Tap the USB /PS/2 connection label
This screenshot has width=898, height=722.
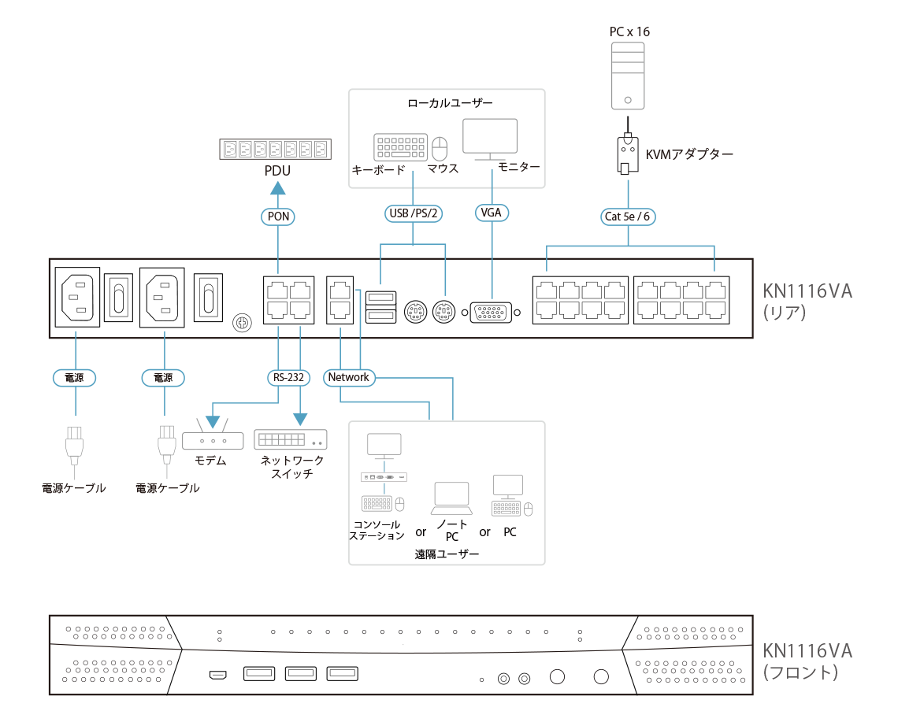[x=413, y=213]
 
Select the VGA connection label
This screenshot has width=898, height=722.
[x=492, y=213]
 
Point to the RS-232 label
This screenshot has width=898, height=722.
[x=288, y=378]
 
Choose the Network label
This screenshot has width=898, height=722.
[x=349, y=378]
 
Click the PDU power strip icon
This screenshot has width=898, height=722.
[x=276, y=149]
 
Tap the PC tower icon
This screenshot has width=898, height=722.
[x=628, y=76]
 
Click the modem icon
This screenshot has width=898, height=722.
[x=213, y=439]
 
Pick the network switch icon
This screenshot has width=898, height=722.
[x=291, y=439]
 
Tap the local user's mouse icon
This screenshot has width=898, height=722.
[x=440, y=147]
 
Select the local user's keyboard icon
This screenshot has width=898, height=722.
[x=399, y=147]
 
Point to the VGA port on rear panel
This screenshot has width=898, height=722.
[x=492, y=313]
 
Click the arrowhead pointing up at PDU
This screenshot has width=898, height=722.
[x=276, y=187]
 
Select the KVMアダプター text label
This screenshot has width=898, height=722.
[x=689, y=155]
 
